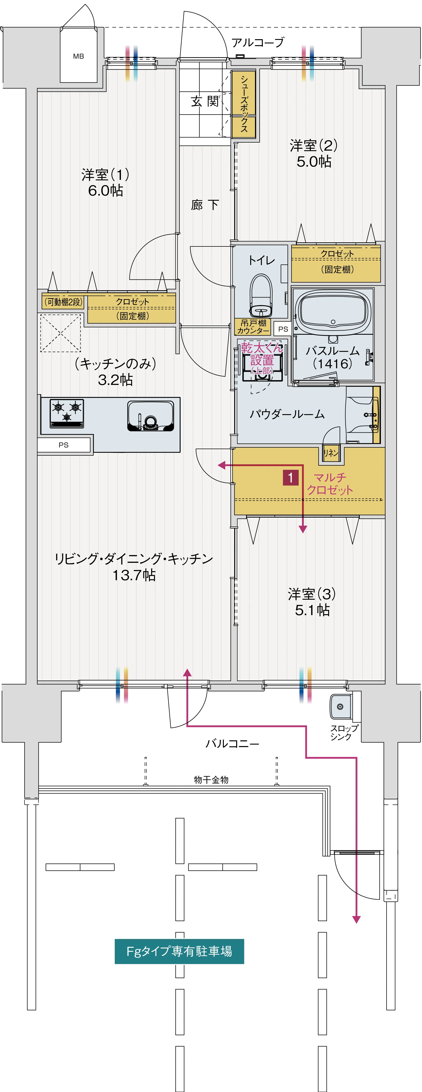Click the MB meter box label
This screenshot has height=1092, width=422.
tap(78, 56)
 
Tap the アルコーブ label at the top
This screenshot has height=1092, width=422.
tap(257, 42)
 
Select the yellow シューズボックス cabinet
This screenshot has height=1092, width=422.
tap(244, 104)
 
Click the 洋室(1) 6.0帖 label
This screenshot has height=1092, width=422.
tap(105, 182)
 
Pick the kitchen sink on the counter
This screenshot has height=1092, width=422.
tap(151, 415)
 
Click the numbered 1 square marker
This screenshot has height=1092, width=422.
tap(291, 478)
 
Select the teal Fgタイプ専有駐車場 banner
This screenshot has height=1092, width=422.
tap(179, 951)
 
